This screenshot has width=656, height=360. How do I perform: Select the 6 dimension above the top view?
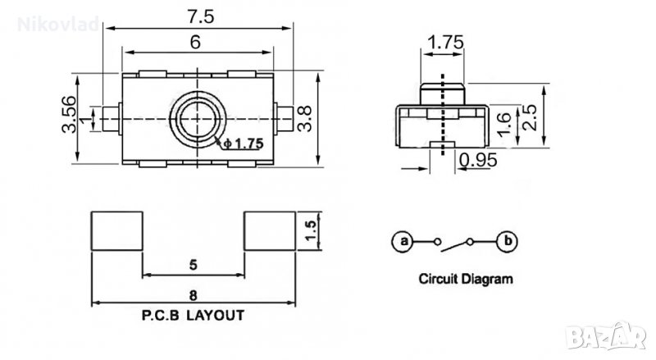(x=197, y=45)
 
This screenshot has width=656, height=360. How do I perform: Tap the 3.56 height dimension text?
(x=69, y=117)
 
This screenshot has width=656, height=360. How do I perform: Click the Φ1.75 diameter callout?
(x=244, y=144)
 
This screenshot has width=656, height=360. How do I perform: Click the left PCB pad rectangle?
(x=116, y=230)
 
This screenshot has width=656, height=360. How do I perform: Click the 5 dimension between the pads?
(x=193, y=265)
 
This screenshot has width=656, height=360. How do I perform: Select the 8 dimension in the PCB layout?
(x=193, y=293)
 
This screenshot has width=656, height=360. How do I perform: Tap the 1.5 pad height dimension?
(x=310, y=230)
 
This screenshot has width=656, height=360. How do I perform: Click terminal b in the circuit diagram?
(x=508, y=241)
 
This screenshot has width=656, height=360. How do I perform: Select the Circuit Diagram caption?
(x=466, y=279)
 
